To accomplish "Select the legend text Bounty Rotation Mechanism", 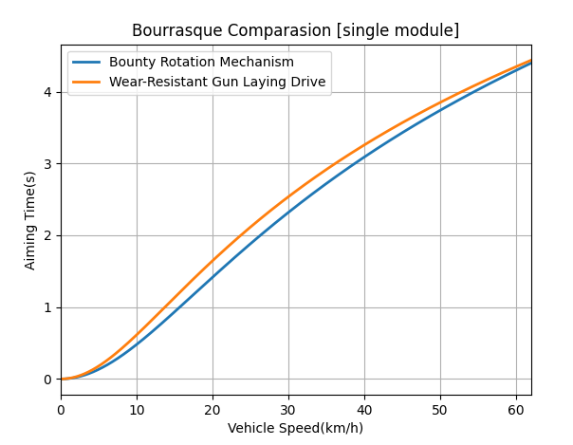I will point(214,63).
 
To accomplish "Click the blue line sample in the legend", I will point(90,63).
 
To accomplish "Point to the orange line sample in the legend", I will point(90,83).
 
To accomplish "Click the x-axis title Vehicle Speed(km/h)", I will point(295,428).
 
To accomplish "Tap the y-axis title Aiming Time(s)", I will point(30,220).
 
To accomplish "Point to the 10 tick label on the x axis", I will point(137,409).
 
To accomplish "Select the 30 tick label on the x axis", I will point(288,409).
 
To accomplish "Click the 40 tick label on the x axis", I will point(364,409).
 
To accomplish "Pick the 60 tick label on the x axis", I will point(516,409).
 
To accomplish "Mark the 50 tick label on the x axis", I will point(440,409).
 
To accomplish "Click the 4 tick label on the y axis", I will point(46,92).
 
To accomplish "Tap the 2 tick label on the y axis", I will point(46,236).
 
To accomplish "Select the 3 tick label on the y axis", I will point(46,164).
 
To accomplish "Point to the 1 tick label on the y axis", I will point(46,307).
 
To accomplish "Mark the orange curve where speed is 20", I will point(213,260).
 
